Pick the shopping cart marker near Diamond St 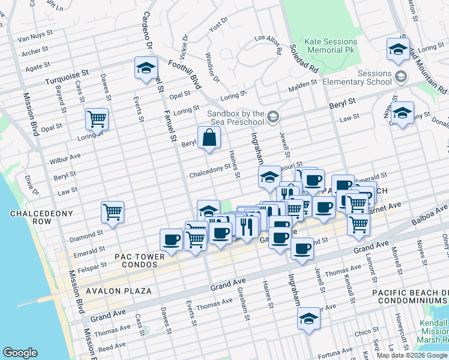(x=112, y=212)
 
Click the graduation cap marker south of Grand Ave (x=309, y=319)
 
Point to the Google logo (x=20, y=353)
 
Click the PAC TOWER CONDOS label (x=139, y=261)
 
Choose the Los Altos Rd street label (x=268, y=45)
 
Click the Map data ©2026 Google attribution (x=412, y=355)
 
